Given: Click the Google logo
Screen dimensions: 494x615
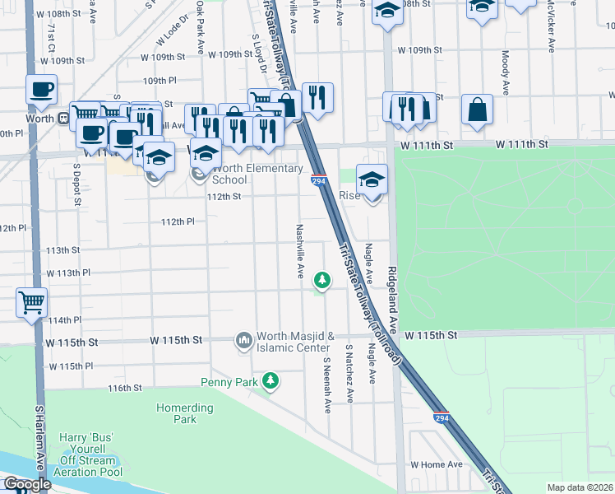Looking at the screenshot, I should (27, 485).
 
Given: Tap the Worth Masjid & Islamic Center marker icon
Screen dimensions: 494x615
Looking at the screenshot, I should (244, 340).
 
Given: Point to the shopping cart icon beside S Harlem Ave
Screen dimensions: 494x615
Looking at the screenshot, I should (31, 303).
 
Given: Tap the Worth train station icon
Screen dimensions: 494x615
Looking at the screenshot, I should (62, 118).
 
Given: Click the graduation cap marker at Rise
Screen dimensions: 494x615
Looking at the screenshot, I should (372, 179).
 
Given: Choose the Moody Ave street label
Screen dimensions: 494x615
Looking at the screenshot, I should (505, 72).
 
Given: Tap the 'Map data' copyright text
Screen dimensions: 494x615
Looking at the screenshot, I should (580, 487).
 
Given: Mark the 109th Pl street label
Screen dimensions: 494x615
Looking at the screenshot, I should (161, 82).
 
